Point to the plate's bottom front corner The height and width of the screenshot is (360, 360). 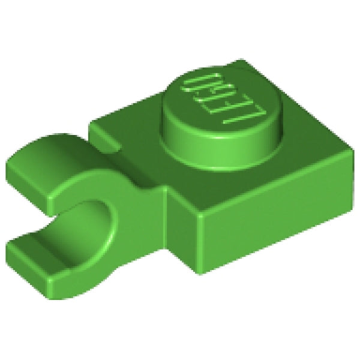pos(198,273)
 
